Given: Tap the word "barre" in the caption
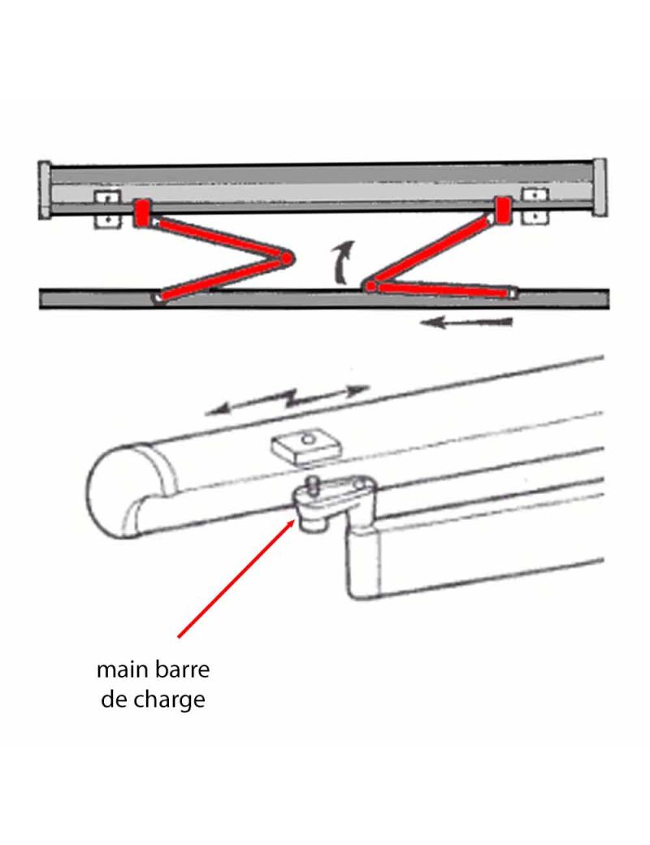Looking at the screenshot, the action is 182,669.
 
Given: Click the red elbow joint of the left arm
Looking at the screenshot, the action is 287,259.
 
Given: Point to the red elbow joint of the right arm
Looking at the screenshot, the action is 370,286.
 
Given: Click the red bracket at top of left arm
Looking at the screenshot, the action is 141,214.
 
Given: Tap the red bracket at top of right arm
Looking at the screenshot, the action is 503,210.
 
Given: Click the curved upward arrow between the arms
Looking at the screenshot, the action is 342,262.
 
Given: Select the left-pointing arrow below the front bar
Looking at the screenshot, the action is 466,323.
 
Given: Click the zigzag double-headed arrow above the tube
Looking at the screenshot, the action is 288,400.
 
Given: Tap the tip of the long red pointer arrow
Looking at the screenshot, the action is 296,519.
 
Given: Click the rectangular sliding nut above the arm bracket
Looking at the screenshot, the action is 306,445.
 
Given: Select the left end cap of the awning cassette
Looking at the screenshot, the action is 45,189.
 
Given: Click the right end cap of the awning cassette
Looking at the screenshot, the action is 600,186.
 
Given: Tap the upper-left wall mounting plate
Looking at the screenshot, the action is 106,197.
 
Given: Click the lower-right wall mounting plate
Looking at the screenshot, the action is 535,217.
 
